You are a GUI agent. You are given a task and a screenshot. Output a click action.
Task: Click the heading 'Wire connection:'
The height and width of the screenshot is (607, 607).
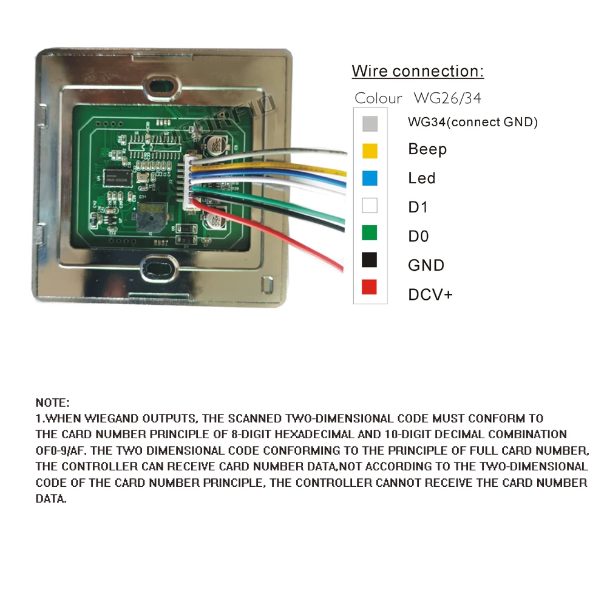click(418, 71)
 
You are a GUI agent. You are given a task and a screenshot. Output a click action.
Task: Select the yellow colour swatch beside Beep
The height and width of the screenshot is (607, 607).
click(370, 150)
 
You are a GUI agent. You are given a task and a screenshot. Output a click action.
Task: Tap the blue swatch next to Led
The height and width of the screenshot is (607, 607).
click(370, 178)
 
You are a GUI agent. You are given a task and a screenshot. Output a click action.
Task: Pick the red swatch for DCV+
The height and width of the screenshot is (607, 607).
click(370, 287)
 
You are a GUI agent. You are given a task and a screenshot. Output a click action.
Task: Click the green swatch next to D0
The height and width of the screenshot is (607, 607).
click(370, 232)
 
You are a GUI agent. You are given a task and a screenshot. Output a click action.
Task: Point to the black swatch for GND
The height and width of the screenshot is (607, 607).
click(370, 260)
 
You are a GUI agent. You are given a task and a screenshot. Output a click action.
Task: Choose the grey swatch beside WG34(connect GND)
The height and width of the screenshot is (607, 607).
click(370, 123)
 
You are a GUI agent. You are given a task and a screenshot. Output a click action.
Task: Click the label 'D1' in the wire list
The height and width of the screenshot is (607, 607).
click(418, 207)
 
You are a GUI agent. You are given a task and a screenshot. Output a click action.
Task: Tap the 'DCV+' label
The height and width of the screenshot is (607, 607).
click(430, 295)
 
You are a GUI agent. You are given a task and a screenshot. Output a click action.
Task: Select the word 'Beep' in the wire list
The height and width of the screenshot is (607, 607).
click(427, 149)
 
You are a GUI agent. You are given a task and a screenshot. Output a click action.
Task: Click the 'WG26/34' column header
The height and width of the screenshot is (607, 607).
click(447, 98)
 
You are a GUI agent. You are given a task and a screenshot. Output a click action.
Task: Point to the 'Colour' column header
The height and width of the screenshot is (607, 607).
click(378, 98)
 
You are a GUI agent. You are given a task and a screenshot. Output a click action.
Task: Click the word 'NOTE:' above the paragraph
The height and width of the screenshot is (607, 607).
click(53, 402)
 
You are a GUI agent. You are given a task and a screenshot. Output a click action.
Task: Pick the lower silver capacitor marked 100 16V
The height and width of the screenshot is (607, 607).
click(216, 220)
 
